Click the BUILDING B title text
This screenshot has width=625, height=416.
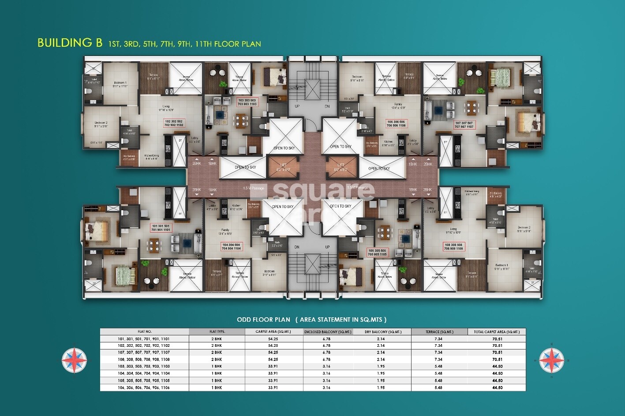(x=70, y=43)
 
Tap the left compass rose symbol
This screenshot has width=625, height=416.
(x=75, y=360)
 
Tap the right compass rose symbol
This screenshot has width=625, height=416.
(x=551, y=360)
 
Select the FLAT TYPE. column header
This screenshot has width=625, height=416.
(x=217, y=331)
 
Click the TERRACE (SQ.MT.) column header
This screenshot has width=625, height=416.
(x=439, y=331)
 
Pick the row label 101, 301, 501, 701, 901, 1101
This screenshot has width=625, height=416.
(x=144, y=338)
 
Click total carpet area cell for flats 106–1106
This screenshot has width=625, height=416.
(x=497, y=387)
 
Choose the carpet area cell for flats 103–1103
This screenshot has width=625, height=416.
(x=273, y=366)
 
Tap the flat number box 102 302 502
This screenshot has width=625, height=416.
(x=174, y=123)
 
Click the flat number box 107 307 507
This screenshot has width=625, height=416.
(x=464, y=125)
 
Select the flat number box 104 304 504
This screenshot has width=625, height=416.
(x=231, y=246)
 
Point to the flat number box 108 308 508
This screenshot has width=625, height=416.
(x=453, y=246)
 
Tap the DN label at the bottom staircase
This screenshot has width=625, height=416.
(x=297, y=247)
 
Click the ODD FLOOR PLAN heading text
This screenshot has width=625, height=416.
(x=263, y=319)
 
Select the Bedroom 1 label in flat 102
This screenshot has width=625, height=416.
(x=120, y=84)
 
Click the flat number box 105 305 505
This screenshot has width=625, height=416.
(x=377, y=252)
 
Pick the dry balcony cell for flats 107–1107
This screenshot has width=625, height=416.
(x=382, y=352)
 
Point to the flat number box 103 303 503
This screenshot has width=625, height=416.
(x=247, y=102)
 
